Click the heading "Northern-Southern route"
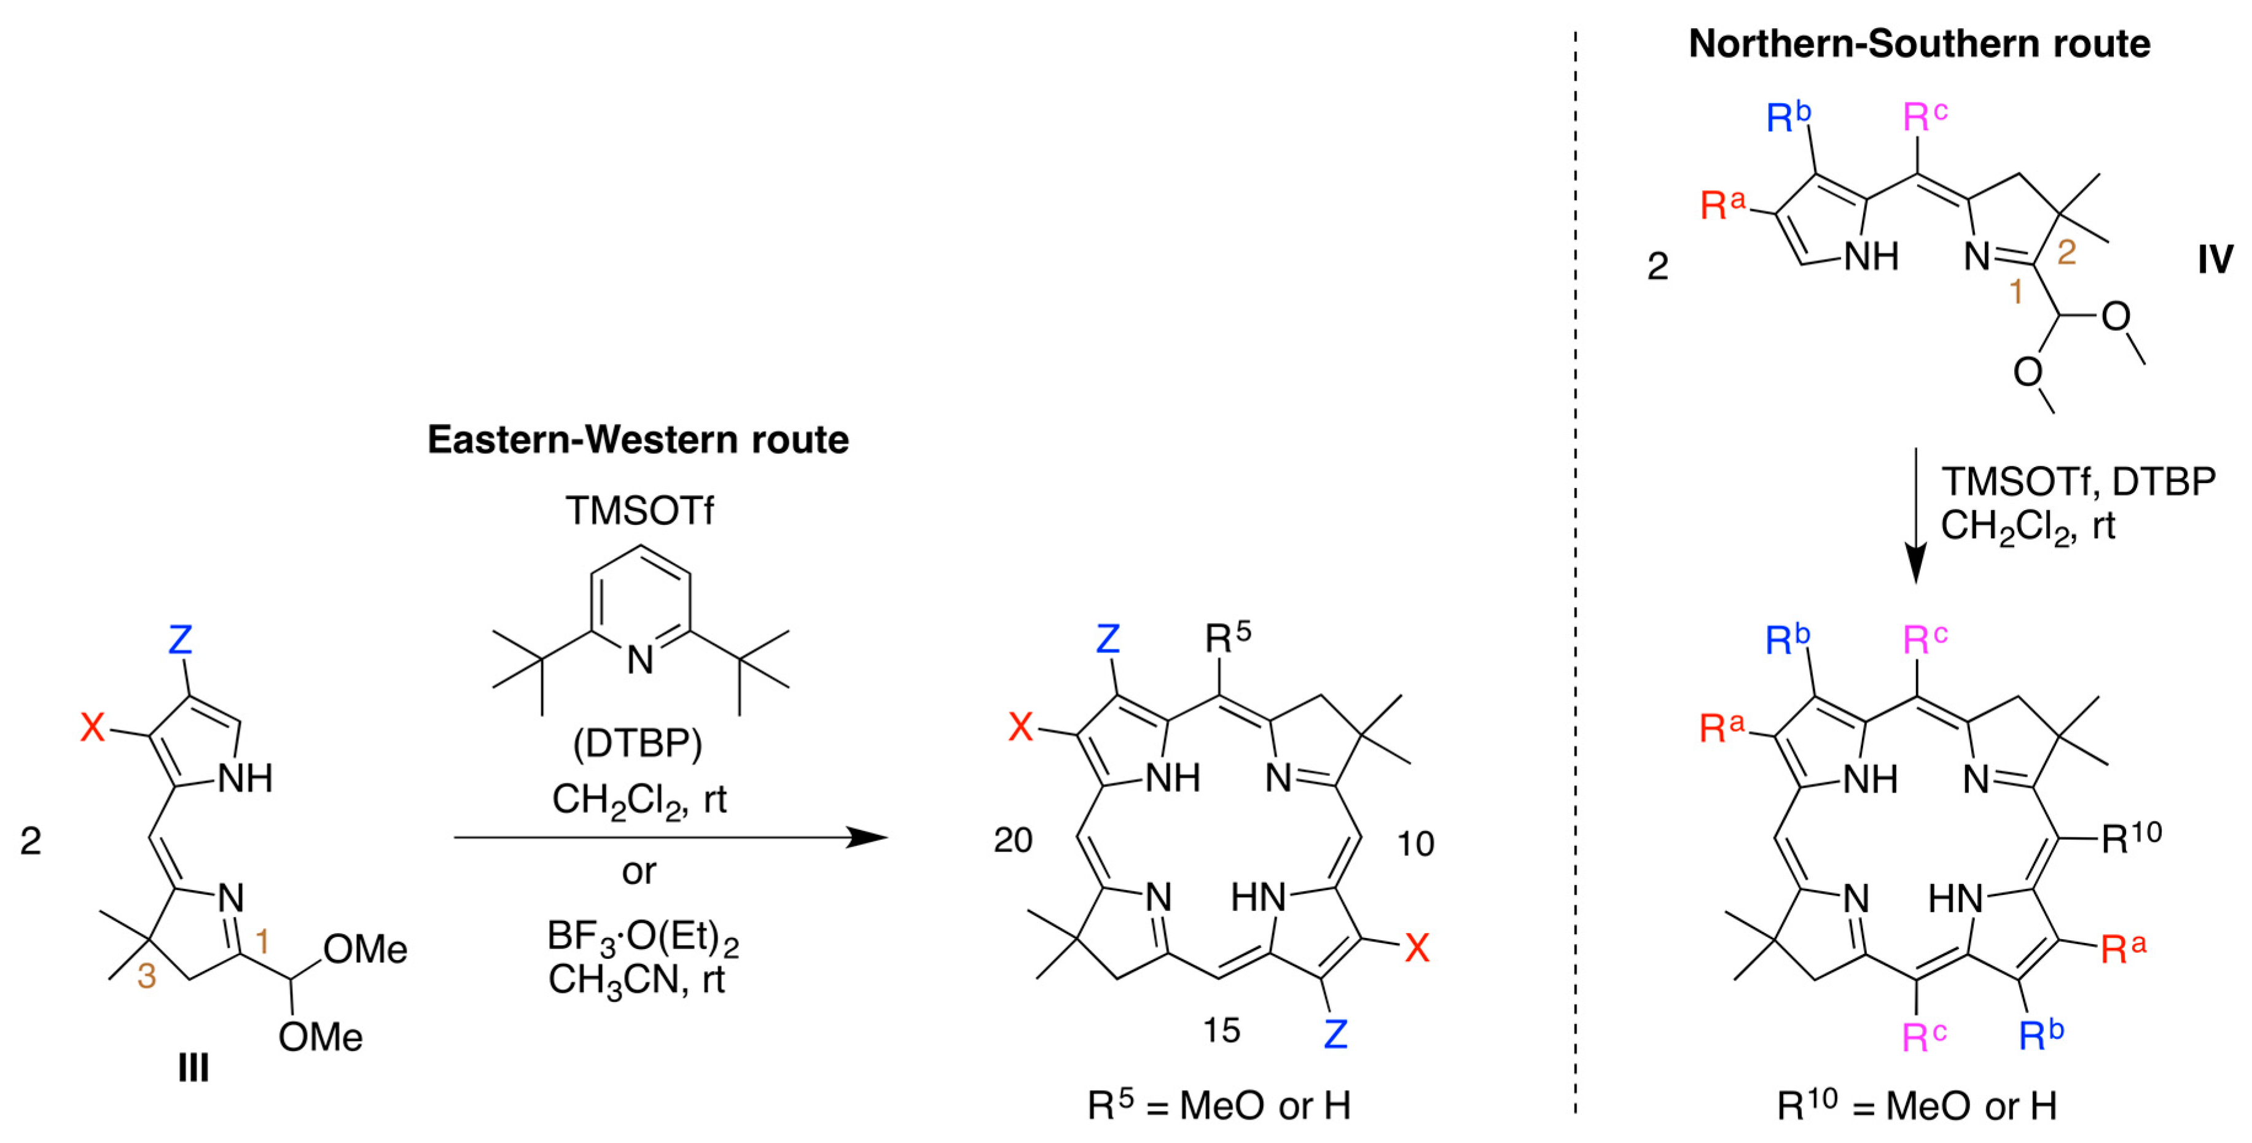(x=1919, y=44)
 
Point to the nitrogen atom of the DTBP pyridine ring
(x=640, y=660)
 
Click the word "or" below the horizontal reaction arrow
(x=638, y=871)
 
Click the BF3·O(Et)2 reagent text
(x=643, y=937)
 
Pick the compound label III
(x=194, y=1068)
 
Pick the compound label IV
(x=2215, y=260)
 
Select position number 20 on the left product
(x=1013, y=840)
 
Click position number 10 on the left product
(x=1415, y=843)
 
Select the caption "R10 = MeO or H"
(x=1917, y=1106)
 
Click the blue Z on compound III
(x=180, y=640)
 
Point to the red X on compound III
(x=93, y=726)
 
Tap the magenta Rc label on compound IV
(x=1924, y=116)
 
